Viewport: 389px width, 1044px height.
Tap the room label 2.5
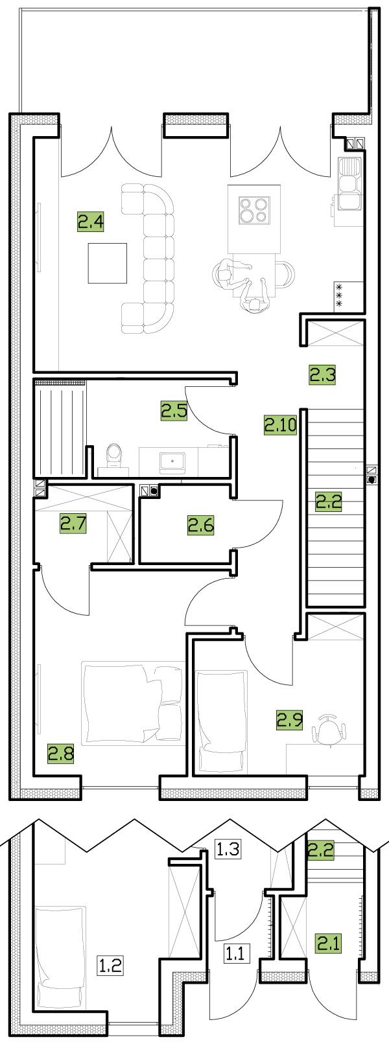click(x=174, y=411)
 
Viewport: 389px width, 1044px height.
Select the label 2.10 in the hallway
click(x=280, y=424)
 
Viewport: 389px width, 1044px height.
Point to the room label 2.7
click(x=74, y=524)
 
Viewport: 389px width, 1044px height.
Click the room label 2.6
click(x=201, y=526)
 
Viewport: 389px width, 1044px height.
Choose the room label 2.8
click(x=61, y=753)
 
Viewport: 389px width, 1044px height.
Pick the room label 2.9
click(x=290, y=719)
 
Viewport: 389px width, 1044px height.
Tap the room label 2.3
click(x=322, y=375)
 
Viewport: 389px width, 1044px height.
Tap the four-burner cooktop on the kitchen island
click(x=254, y=209)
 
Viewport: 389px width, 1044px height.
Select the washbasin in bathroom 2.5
click(x=172, y=461)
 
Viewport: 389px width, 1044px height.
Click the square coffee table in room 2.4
click(x=108, y=263)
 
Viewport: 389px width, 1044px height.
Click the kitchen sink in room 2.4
click(x=351, y=183)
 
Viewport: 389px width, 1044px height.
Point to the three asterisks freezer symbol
click(x=339, y=296)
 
